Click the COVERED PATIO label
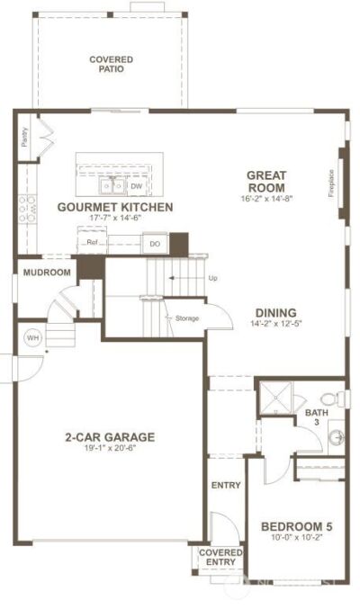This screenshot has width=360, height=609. tap(111, 64)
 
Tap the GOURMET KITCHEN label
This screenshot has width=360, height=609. tap(114, 207)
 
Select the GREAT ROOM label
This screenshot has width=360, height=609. tap(267, 182)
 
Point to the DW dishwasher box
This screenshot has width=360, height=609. tap(137, 186)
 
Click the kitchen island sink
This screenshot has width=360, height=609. tap(112, 186)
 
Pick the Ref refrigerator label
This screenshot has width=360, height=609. tap(91, 242)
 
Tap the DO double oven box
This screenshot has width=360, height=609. tap(154, 243)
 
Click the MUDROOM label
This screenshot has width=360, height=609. tap(47, 273)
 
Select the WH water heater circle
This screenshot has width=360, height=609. tap(33, 337)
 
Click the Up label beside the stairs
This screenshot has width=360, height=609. tap(212, 278)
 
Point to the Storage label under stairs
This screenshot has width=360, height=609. tap(186, 318)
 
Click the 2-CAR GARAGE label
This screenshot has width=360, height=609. tap(110, 437)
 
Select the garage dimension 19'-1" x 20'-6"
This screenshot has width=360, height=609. tap(110, 449)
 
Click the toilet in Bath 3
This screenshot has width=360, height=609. tap(329, 399)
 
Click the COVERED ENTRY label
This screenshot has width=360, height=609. tap(220, 557)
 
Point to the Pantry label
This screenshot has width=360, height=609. tap(23, 137)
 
